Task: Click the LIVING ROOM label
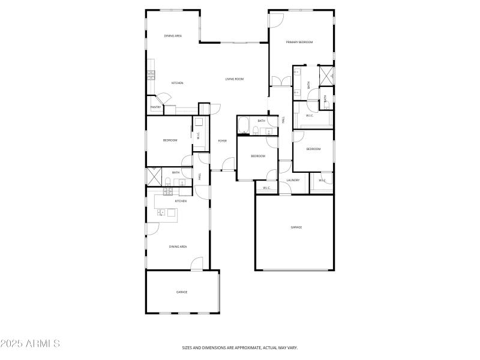[235, 79]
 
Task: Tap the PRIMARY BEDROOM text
[299, 42]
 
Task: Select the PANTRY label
[155, 107]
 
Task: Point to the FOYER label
[222, 140]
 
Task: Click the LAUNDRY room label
[293, 180]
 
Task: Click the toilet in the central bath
[256, 131]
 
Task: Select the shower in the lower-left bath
[151, 177]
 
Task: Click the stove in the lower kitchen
[168, 191]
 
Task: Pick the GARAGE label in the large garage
[296, 227]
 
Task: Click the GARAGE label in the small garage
[182, 292]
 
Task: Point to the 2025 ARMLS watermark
[30, 344]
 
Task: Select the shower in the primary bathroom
[327, 76]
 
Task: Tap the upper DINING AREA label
[173, 36]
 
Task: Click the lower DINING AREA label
[178, 247]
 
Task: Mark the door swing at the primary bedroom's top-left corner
[275, 20]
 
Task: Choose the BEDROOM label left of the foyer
[170, 140]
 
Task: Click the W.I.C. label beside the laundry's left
[266, 188]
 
